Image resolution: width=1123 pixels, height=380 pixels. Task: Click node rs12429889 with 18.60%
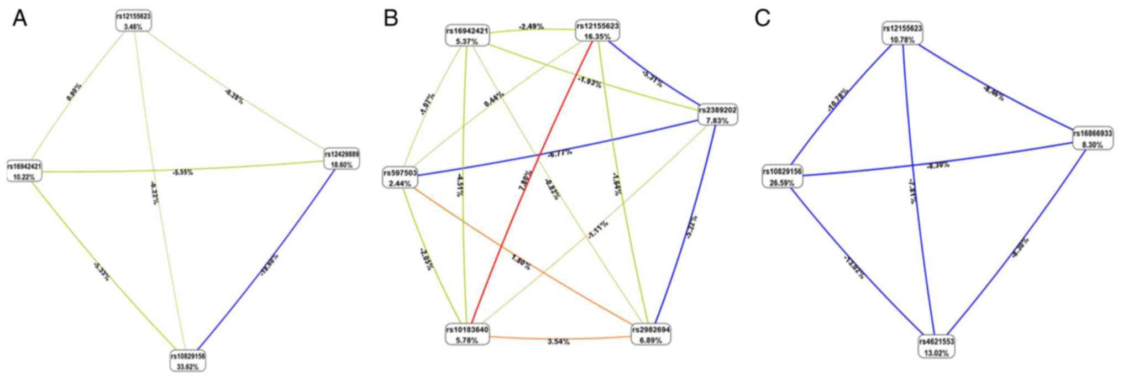coord(342,159)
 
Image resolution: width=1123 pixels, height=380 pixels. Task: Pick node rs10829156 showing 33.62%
coord(188,361)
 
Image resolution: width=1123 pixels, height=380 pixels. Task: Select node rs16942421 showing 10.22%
coord(25,171)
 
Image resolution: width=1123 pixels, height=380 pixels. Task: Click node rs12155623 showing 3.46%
coord(133,21)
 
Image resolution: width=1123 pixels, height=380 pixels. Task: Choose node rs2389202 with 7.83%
coord(717,114)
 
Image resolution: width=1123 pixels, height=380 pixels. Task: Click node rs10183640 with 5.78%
coord(468,335)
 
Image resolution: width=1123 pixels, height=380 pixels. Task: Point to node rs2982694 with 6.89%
coord(651,335)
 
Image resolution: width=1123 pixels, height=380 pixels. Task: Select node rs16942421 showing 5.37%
coord(468,36)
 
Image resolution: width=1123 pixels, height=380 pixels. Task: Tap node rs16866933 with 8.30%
coord(1093,139)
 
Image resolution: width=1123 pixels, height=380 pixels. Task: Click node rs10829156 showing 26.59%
coord(783,176)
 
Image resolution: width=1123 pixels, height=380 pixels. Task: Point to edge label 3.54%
coord(558,342)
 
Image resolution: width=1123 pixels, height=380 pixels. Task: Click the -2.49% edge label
coord(531,26)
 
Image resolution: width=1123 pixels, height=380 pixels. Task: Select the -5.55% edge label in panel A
coord(182,172)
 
